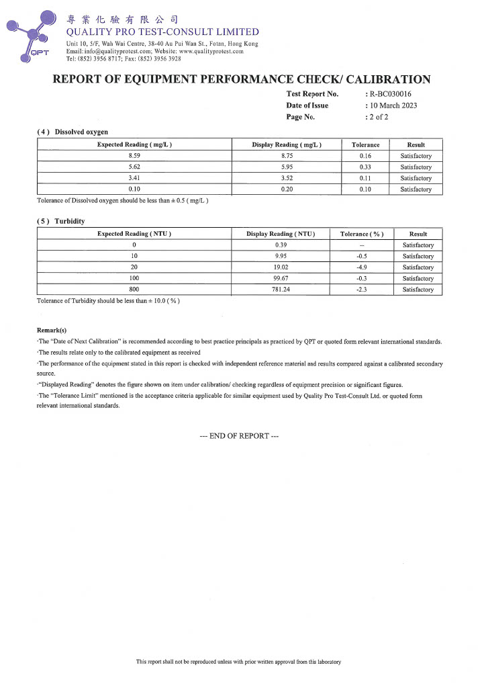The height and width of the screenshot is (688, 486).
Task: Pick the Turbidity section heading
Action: (61, 221)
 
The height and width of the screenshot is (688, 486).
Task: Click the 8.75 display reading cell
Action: (287, 156)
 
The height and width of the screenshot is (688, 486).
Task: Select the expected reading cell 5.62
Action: (134, 167)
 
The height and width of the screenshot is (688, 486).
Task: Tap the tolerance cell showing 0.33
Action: (366, 167)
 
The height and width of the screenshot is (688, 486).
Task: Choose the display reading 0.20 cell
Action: (287, 190)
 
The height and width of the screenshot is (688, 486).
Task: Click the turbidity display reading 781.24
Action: (281, 290)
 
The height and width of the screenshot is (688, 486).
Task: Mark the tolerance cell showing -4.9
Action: (361, 267)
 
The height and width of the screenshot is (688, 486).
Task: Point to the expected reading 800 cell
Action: (134, 290)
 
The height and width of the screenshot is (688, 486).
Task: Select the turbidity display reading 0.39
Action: (281, 245)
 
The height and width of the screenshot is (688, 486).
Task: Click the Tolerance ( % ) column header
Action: (361, 233)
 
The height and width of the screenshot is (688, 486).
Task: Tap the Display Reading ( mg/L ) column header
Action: (287, 144)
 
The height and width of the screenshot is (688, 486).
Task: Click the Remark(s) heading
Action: (52, 330)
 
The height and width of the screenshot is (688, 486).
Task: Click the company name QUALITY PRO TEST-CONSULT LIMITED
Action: (162, 32)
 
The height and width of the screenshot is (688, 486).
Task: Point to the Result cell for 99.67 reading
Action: (418, 279)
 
